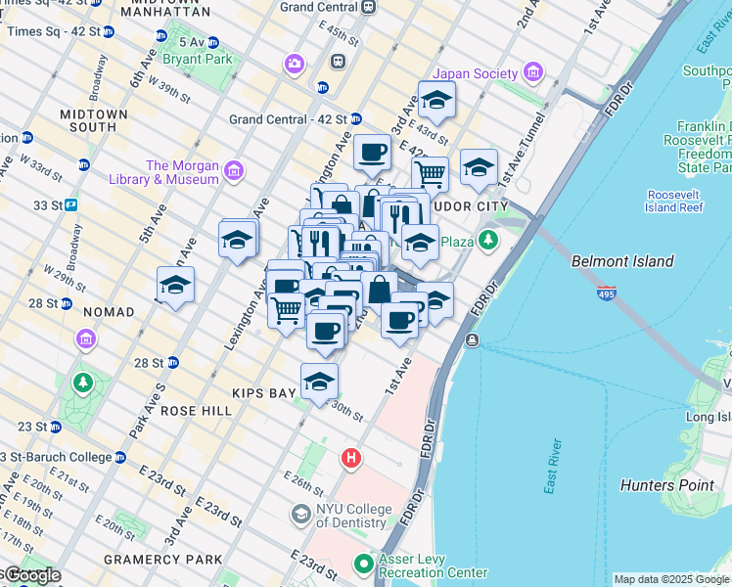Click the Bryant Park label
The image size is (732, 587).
(x=205, y=59)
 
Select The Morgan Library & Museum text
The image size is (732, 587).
(x=183, y=172)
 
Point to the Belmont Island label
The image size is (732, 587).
(x=622, y=261)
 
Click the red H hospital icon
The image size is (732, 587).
(x=350, y=458)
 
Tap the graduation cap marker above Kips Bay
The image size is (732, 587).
(x=319, y=382)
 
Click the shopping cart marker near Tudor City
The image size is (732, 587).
(x=429, y=174)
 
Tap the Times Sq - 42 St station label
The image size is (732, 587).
(x=53, y=31)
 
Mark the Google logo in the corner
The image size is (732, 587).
(x=31, y=575)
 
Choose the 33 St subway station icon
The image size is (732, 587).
(x=71, y=205)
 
